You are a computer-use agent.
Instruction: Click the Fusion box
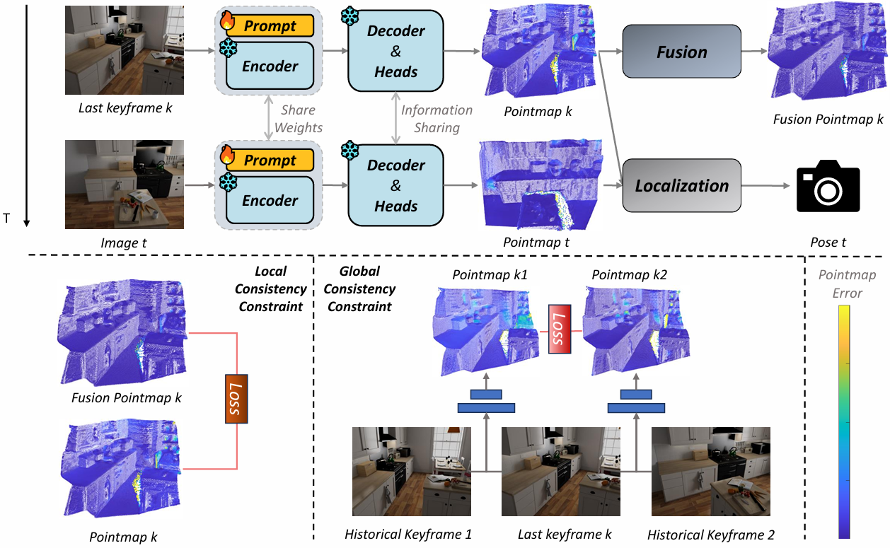click(x=681, y=52)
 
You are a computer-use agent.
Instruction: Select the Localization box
click(x=681, y=186)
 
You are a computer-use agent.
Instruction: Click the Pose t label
click(x=828, y=243)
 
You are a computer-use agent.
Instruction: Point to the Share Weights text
click(x=298, y=119)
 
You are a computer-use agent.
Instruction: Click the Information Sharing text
click(x=437, y=119)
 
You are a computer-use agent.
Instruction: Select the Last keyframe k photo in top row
click(x=125, y=50)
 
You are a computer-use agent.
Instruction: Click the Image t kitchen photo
click(x=125, y=185)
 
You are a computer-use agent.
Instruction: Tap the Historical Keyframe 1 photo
click(x=412, y=472)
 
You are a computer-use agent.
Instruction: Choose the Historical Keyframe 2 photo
click(x=710, y=472)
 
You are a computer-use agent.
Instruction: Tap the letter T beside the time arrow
click(x=7, y=218)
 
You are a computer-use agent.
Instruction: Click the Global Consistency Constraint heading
click(x=367, y=288)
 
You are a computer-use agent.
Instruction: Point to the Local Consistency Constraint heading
click(x=272, y=288)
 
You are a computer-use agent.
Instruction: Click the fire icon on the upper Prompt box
click(x=227, y=22)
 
